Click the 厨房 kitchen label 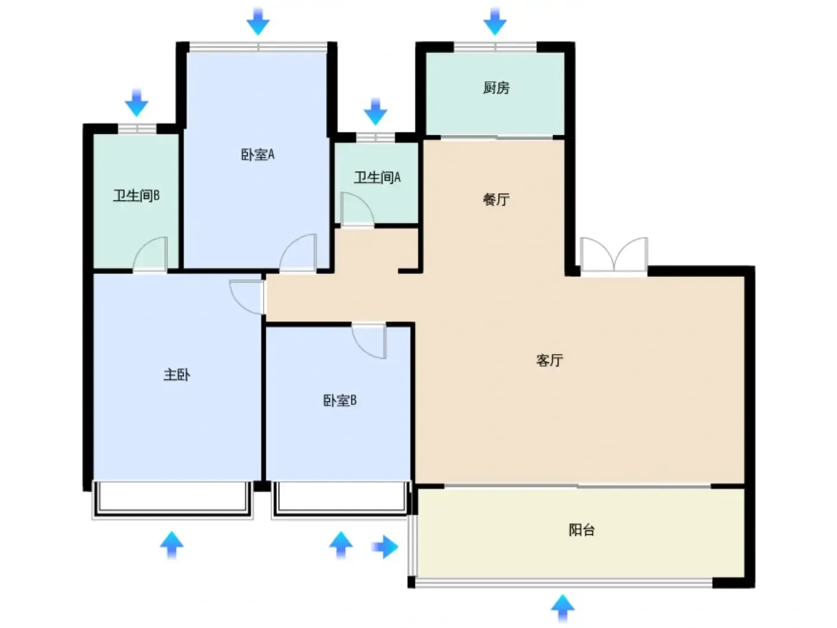click(496, 88)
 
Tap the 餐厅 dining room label click(496, 199)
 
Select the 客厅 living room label click(549, 360)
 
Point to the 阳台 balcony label click(582, 530)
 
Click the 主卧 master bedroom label click(177, 374)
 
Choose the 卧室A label click(258, 154)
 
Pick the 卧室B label click(340, 400)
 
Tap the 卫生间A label click(377, 177)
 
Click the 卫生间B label click(136, 196)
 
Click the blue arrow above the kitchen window click(495, 22)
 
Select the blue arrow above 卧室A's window click(258, 22)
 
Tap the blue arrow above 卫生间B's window click(136, 103)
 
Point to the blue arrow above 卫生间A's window click(375, 112)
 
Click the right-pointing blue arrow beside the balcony click(385, 547)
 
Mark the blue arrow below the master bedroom click(172, 545)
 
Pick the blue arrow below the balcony click(563, 608)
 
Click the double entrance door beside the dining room click(614, 254)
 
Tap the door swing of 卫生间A click(356, 209)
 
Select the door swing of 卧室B click(369, 342)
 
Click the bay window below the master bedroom click(172, 500)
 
